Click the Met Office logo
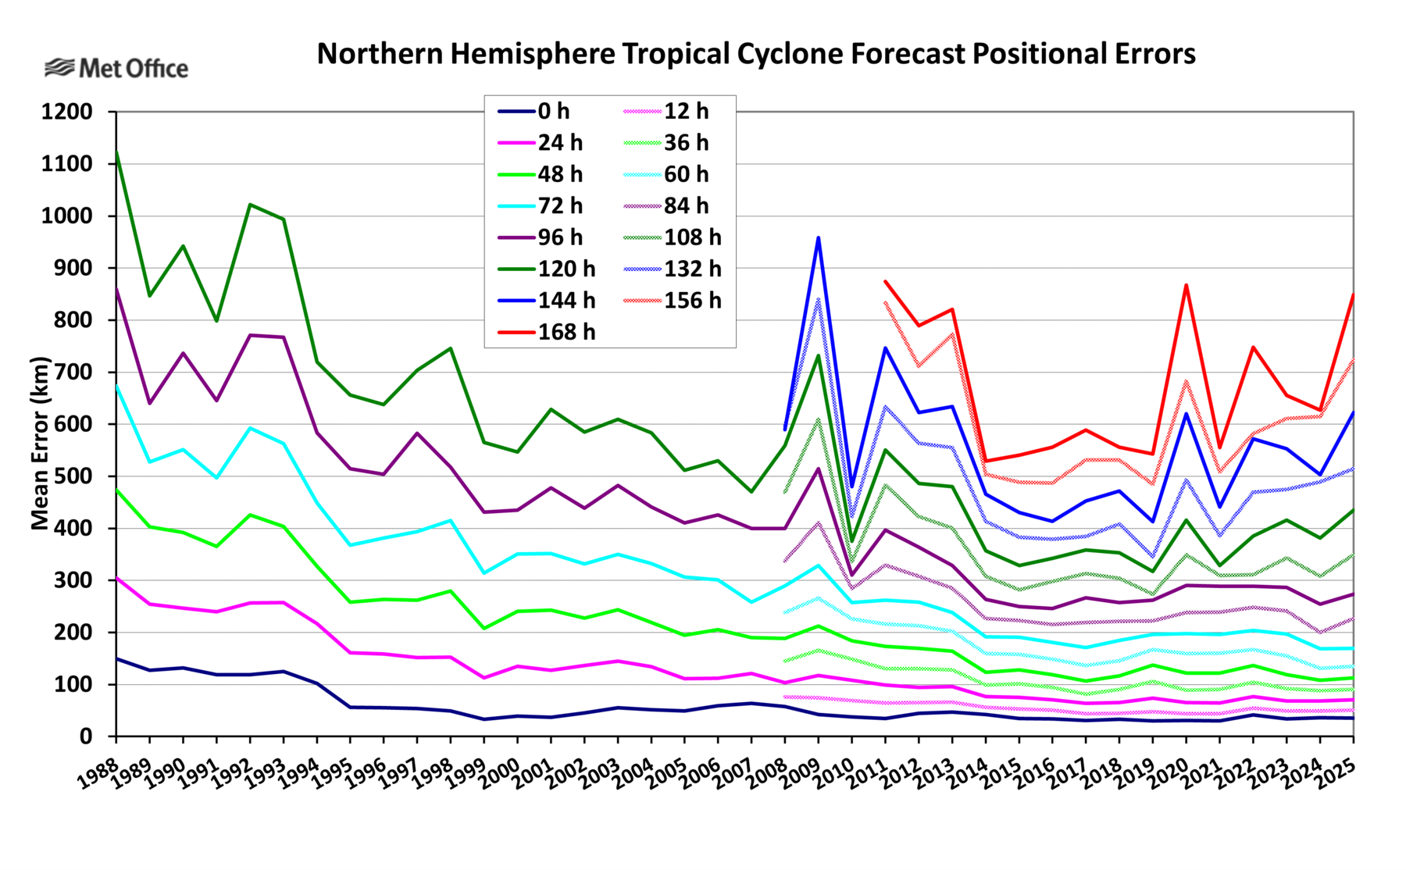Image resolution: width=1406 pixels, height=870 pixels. pos(116,69)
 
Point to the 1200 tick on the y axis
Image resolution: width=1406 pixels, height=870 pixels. pos(66,112)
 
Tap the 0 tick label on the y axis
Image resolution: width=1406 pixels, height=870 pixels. pos(85,736)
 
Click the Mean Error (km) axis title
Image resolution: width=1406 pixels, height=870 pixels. pos(40,444)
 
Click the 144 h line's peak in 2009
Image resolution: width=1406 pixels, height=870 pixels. pos(819,237)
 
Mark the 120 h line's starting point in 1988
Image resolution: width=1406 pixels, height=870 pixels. pos(117,152)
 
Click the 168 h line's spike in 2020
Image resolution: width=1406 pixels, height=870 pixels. pos(1187,285)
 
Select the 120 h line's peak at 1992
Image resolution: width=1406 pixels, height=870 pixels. pos(250,205)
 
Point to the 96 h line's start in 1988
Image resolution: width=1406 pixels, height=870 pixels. pos(117,288)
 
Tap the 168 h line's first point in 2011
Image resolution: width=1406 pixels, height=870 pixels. pos(885,281)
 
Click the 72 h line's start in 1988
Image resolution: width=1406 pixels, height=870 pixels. pos(117,385)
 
